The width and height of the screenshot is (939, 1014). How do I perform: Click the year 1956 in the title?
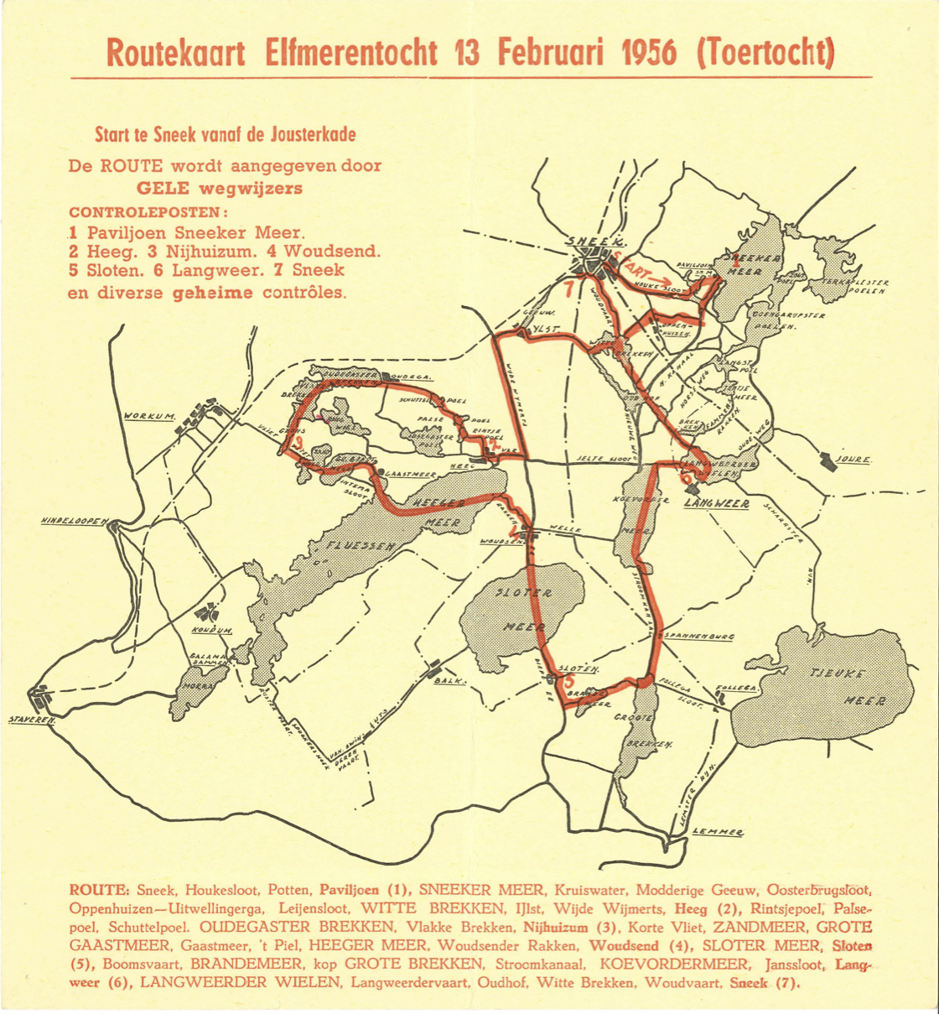point(647,53)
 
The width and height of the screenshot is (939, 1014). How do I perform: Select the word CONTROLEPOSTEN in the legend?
point(148,210)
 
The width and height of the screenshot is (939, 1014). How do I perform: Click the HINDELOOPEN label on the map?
point(72,522)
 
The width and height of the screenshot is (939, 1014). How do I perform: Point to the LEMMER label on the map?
point(718,831)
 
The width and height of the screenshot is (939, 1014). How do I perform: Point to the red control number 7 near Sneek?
point(570,290)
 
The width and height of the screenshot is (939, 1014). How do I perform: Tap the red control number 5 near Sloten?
point(569,683)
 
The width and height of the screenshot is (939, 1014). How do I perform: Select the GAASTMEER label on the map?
point(411,474)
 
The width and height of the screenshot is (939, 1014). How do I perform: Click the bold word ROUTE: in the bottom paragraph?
point(99,887)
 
